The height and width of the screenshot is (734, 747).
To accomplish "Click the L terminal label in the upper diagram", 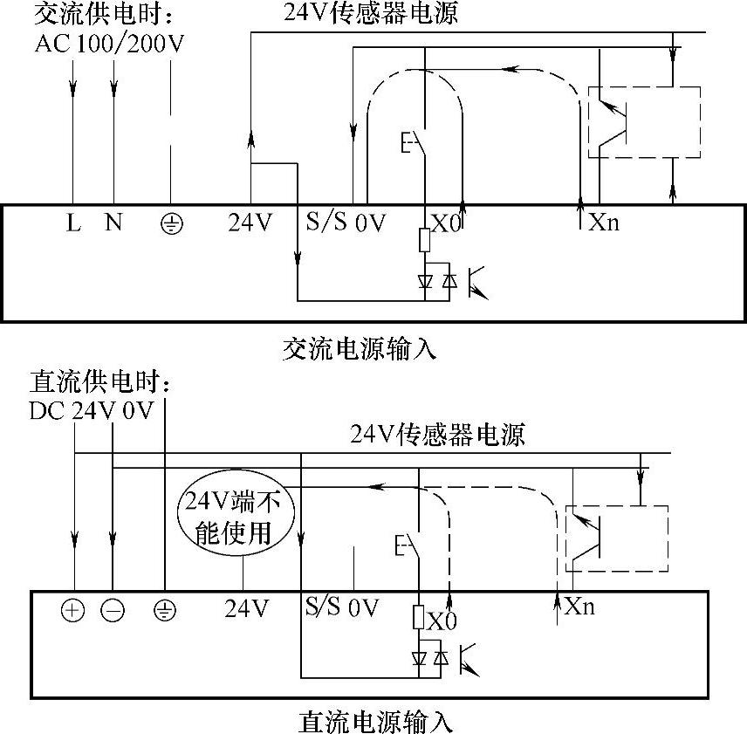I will [x=74, y=223].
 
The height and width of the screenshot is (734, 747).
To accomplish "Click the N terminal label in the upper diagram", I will [x=113, y=223].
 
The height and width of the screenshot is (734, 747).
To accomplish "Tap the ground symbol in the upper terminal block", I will [x=170, y=224].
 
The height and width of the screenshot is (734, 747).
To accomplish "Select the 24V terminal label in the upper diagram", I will [x=250, y=223].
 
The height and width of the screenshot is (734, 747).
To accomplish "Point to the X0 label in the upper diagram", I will [x=446, y=223].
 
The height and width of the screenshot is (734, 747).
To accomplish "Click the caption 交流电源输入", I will [x=360, y=348].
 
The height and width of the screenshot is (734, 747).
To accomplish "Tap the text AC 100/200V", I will [x=110, y=44].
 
